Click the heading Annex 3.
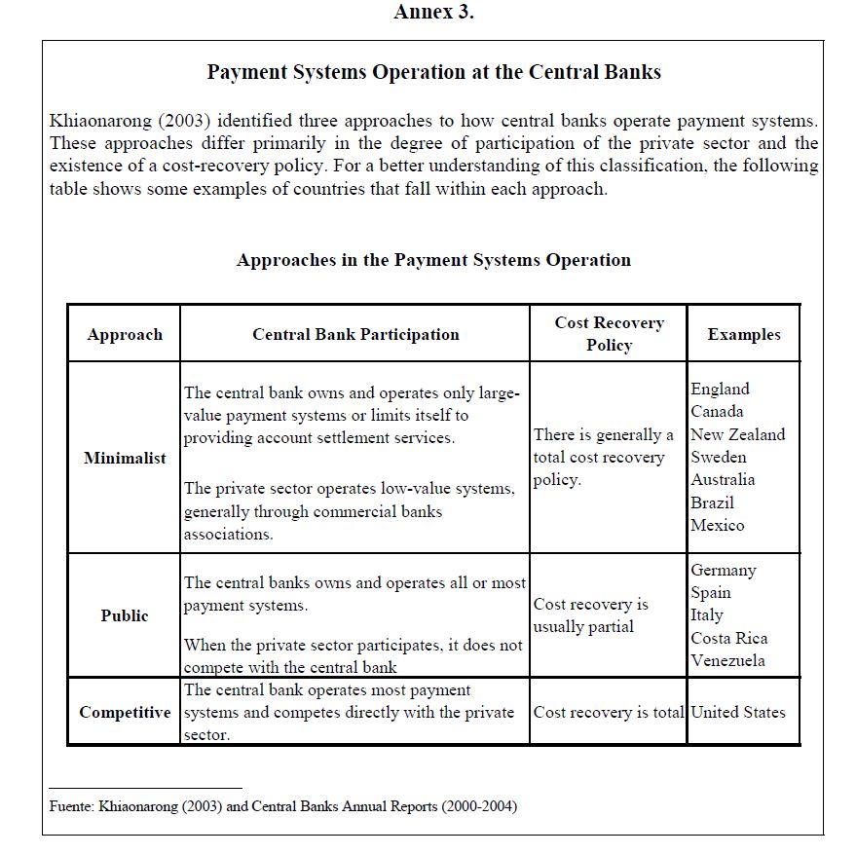point(433,13)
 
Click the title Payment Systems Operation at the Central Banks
point(433,72)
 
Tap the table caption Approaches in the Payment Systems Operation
point(433,260)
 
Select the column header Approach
point(125,334)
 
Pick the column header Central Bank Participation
point(355,334)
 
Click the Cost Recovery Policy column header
point(609,334)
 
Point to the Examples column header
point(744,334)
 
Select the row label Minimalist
point(125,458)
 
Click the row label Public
point(125,615)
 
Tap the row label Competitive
point(125,712)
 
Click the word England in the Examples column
point(720,389)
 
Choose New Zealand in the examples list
point(737,434)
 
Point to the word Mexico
point(718,525)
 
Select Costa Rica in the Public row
point(728,638)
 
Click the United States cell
point(737,712)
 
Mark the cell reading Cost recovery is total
point(609,712)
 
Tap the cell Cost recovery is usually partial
point(590,615)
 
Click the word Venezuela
point(727,660)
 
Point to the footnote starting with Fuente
point(282,806)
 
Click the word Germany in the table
point(723,570)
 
